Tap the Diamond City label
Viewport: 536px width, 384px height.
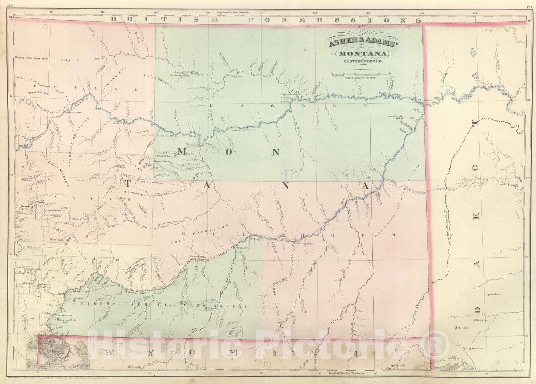pos(25,207)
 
